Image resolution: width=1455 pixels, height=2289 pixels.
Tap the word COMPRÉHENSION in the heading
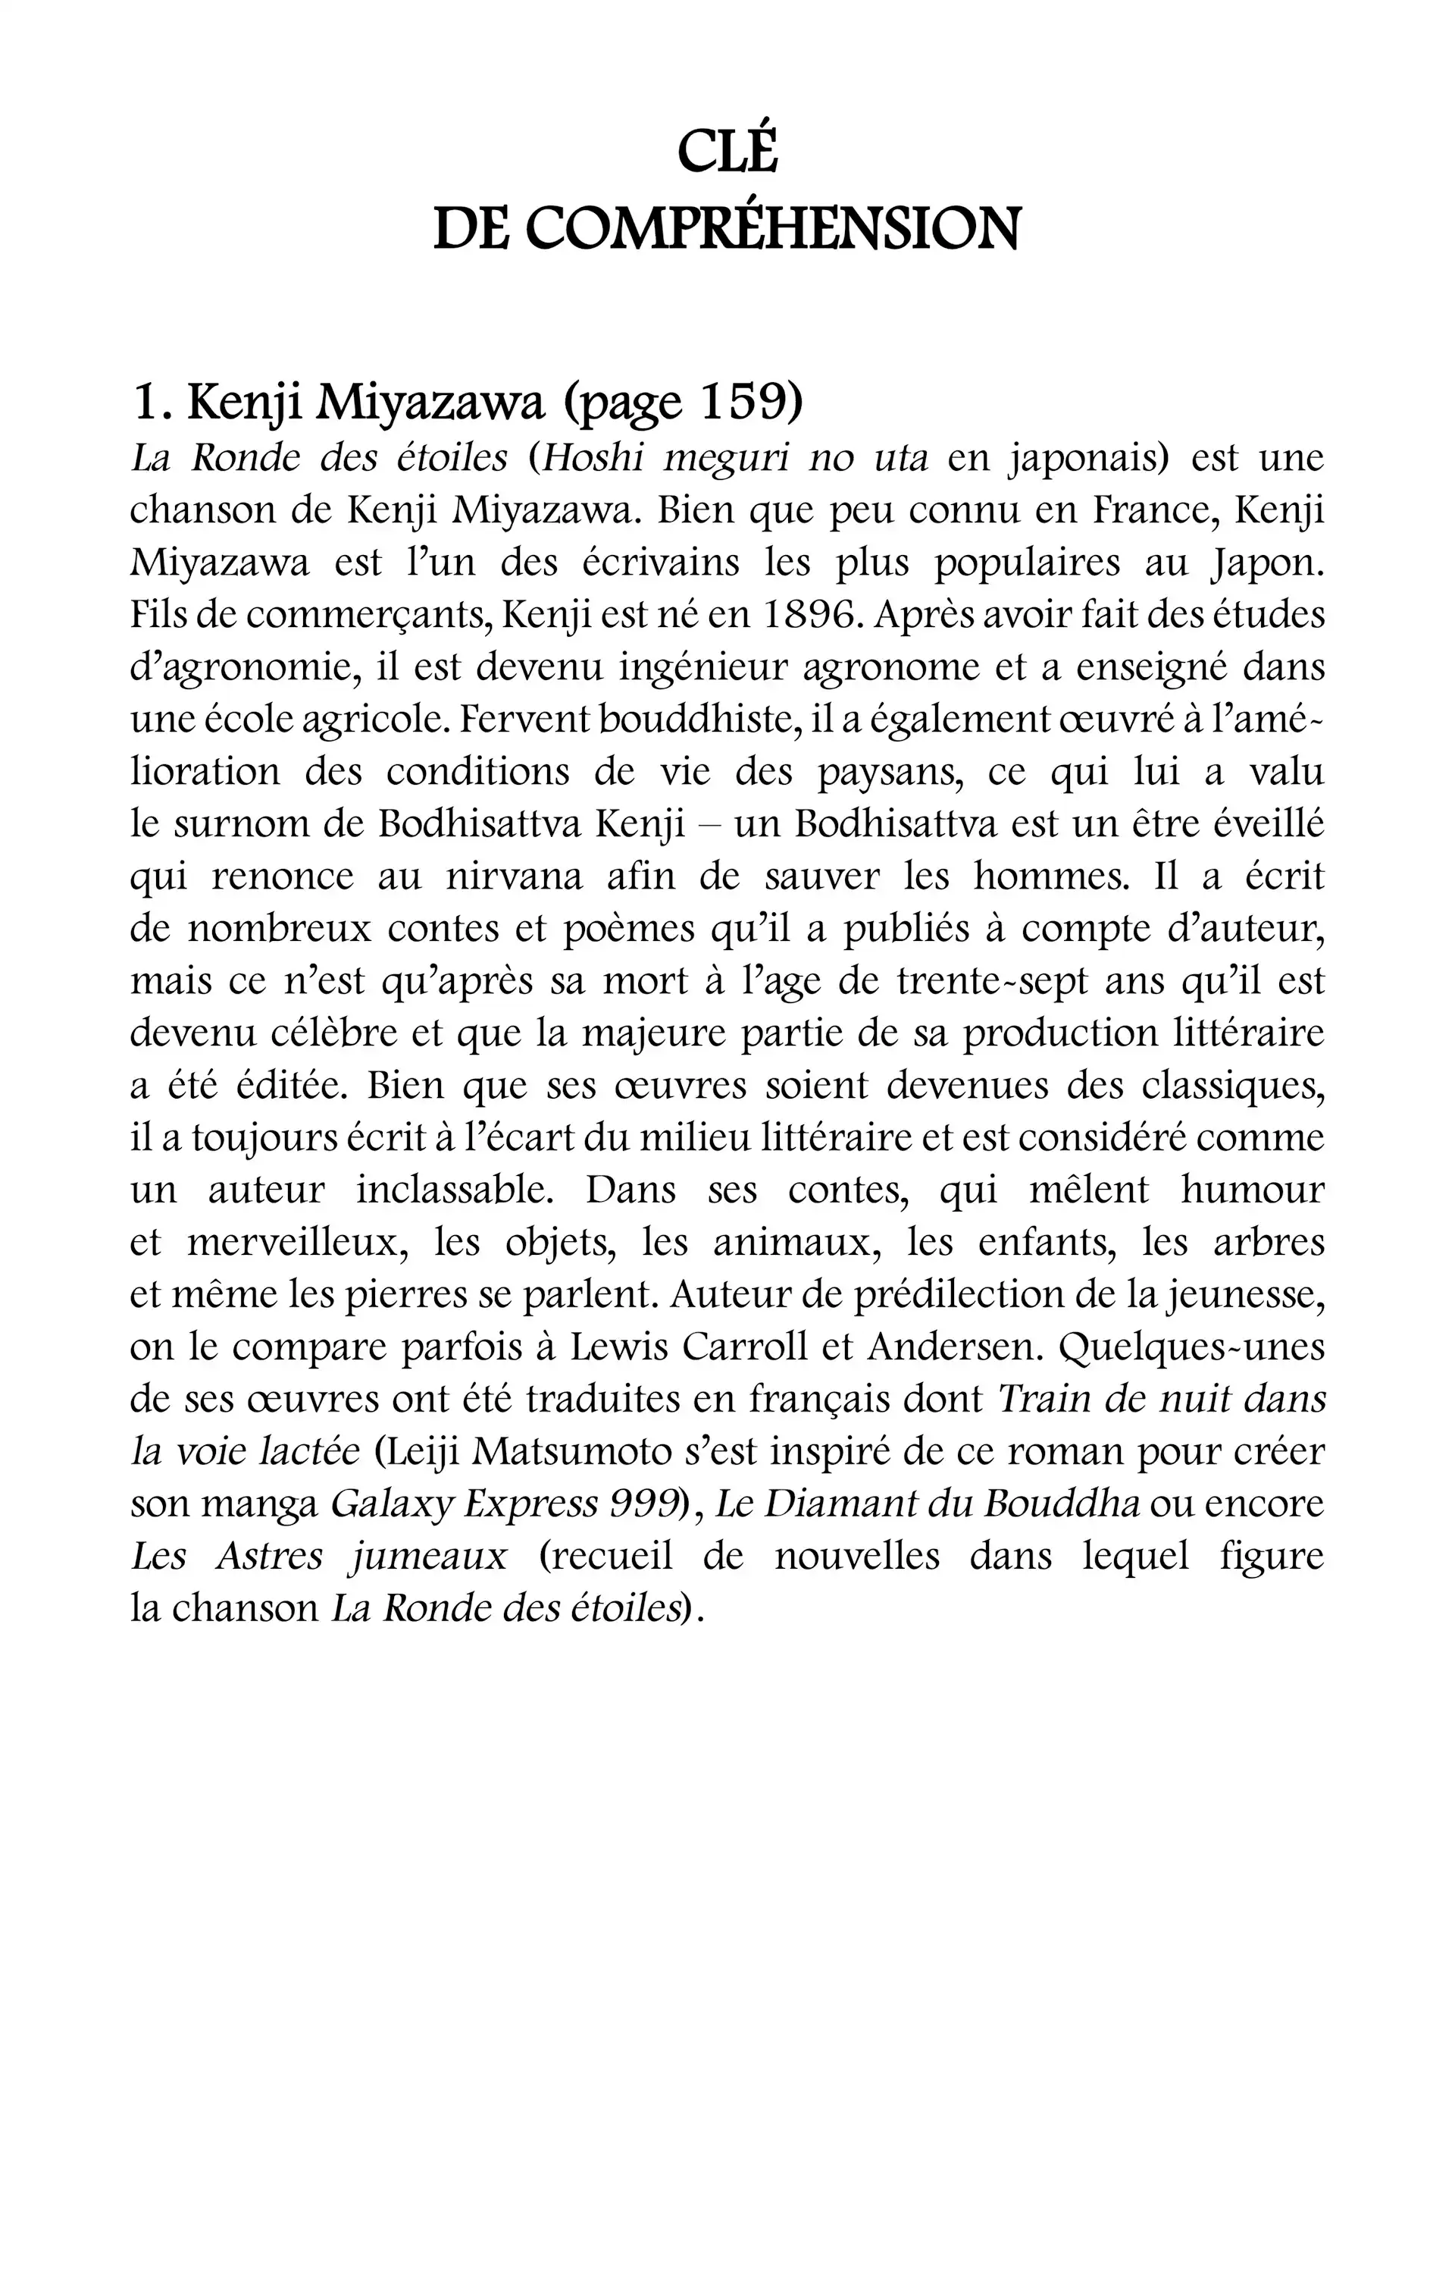[x=771, y=229]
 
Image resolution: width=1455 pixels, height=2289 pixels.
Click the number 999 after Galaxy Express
[x=643, y=1504]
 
